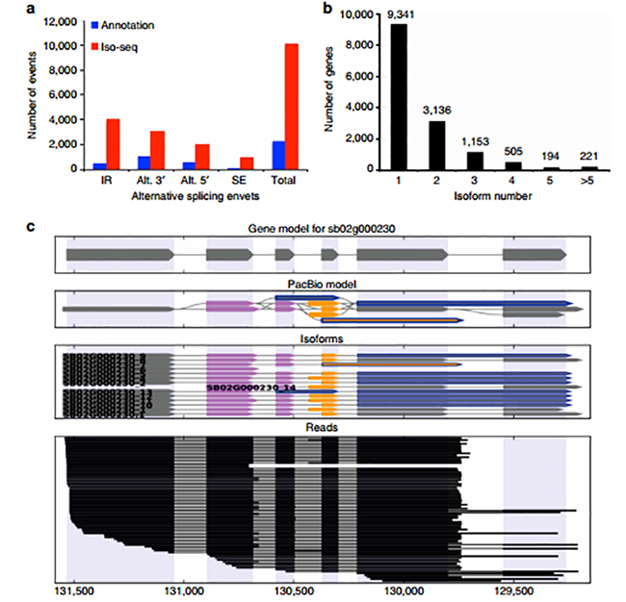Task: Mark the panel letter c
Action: (x=33, y=227)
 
